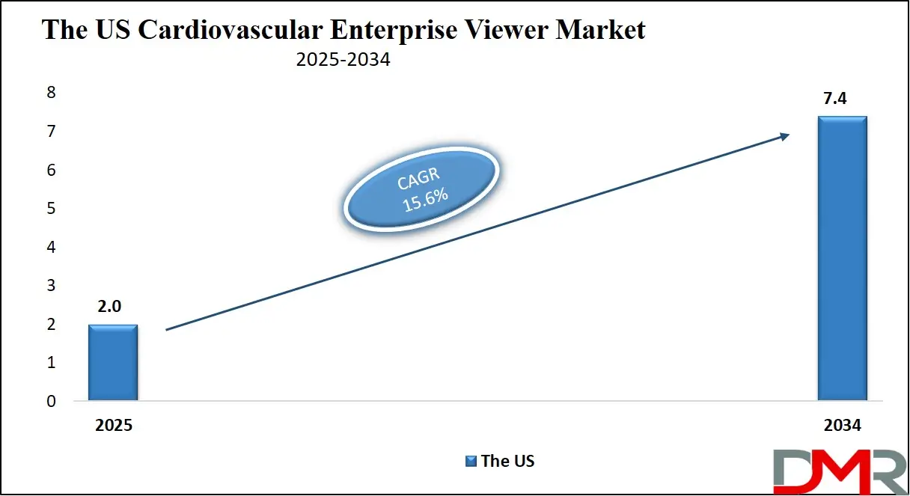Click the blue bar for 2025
[113, 363]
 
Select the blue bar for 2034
[842, 259]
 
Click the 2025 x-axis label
[113, 425]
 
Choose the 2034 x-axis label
[842, 425]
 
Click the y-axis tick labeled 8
[52, 93]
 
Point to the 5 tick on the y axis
[52, 209]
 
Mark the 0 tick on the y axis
[52, 401]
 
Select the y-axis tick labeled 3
[52, 286]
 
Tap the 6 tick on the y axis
[52, 170]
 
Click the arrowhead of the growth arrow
[784, 135]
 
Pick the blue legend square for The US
[471, 462]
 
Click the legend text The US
[507, 462]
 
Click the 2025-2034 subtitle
[343, 60]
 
